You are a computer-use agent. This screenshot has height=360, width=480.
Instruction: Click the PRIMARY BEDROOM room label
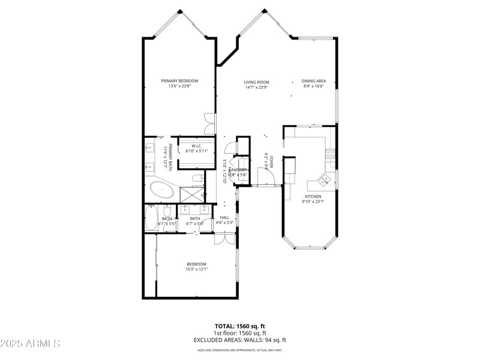179,81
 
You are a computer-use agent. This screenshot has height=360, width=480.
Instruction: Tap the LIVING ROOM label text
256,82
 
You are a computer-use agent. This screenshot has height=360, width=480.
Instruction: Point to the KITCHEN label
313,196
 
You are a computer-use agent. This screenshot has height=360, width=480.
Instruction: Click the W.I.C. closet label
196,146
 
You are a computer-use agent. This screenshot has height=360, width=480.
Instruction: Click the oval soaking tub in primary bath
162,191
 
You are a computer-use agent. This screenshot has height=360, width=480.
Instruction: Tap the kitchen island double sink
326,178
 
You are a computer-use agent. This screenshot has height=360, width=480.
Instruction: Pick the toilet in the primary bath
197,178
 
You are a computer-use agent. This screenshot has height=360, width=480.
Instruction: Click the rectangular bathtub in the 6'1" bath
151,218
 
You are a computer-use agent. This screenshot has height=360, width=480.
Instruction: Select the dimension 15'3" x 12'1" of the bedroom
196,269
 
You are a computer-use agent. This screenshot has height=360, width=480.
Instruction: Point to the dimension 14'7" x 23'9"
256,88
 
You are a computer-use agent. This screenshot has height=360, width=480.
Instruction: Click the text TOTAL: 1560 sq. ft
239,326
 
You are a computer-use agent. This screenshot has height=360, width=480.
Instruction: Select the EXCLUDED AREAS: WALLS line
239,340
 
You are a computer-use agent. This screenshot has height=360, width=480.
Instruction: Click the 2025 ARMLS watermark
30,344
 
